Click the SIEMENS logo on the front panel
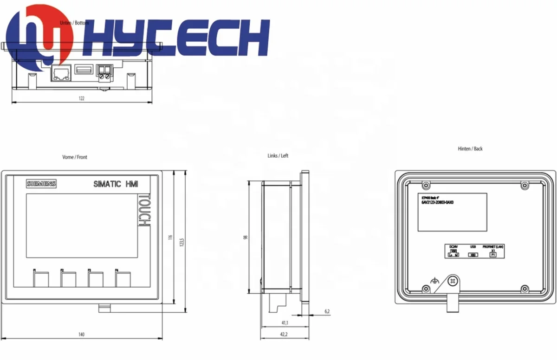(x=41, y=184)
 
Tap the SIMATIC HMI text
(x=116, y=184)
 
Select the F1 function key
(x=40, y=280)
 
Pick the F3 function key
(x=96, y=280)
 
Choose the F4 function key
(x=123, y=280)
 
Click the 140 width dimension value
(x=81, y=334)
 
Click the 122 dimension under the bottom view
(x=82, y=98)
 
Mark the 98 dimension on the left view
(x=246, y=237)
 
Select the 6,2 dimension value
(x=327, y=311)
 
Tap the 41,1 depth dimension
(x=284, y=323)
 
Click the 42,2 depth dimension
(x=284, y=334)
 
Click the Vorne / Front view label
(x=75, y=157)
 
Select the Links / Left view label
(x=278, y=156)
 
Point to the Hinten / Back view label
(x=470, y=149)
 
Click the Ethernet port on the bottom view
(x=61, y=73)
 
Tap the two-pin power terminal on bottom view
(x=104, y=73)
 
